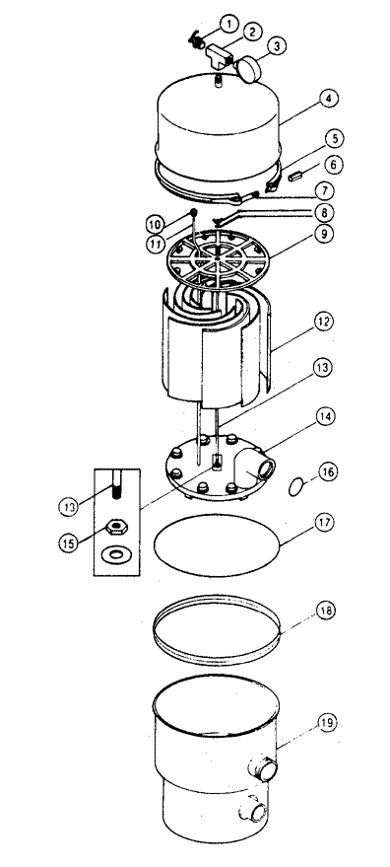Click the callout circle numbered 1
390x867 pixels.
click(x=228, y=24)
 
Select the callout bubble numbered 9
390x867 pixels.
click(x=325, y=234)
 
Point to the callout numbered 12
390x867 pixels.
click(x=324, y=321)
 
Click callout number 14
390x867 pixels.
click(x=325, y=415)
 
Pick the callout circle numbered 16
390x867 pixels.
click(x=328, y=471)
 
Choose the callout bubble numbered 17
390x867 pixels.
click(x=325, y=523)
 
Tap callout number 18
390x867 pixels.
click(x=325, y=611)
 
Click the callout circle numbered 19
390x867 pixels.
click(x=328, y=723)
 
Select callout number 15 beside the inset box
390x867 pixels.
click(x=69, y=542)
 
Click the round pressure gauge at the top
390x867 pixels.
click(x=250, y=69)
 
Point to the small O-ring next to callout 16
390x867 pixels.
click(x=297, y=487)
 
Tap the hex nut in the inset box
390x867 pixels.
click(x=116, y=527)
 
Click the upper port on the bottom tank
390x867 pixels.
click(x=264, y=769)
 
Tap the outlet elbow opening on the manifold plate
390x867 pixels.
click(x=265, y=469)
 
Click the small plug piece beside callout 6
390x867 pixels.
click(x=295, y=177)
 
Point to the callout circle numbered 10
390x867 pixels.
click(x=155, y=225)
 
